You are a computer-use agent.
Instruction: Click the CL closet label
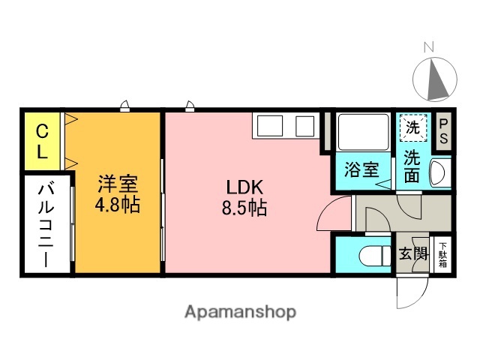[43, 141]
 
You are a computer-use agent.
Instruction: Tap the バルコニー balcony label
[44, 224]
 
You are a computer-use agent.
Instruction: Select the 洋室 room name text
[118, 184]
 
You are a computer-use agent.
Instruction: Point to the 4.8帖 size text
[118, 205]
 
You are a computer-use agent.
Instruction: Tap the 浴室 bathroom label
[361, 169]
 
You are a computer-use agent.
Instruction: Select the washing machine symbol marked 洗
[412, 127]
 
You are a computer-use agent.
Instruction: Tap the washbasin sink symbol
[439, 173]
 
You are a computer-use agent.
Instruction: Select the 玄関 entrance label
[412, 253]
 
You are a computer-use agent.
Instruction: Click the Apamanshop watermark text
[240, 311]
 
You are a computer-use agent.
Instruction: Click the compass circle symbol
[435, 79]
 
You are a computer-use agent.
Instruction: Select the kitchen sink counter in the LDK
[283, 125]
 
